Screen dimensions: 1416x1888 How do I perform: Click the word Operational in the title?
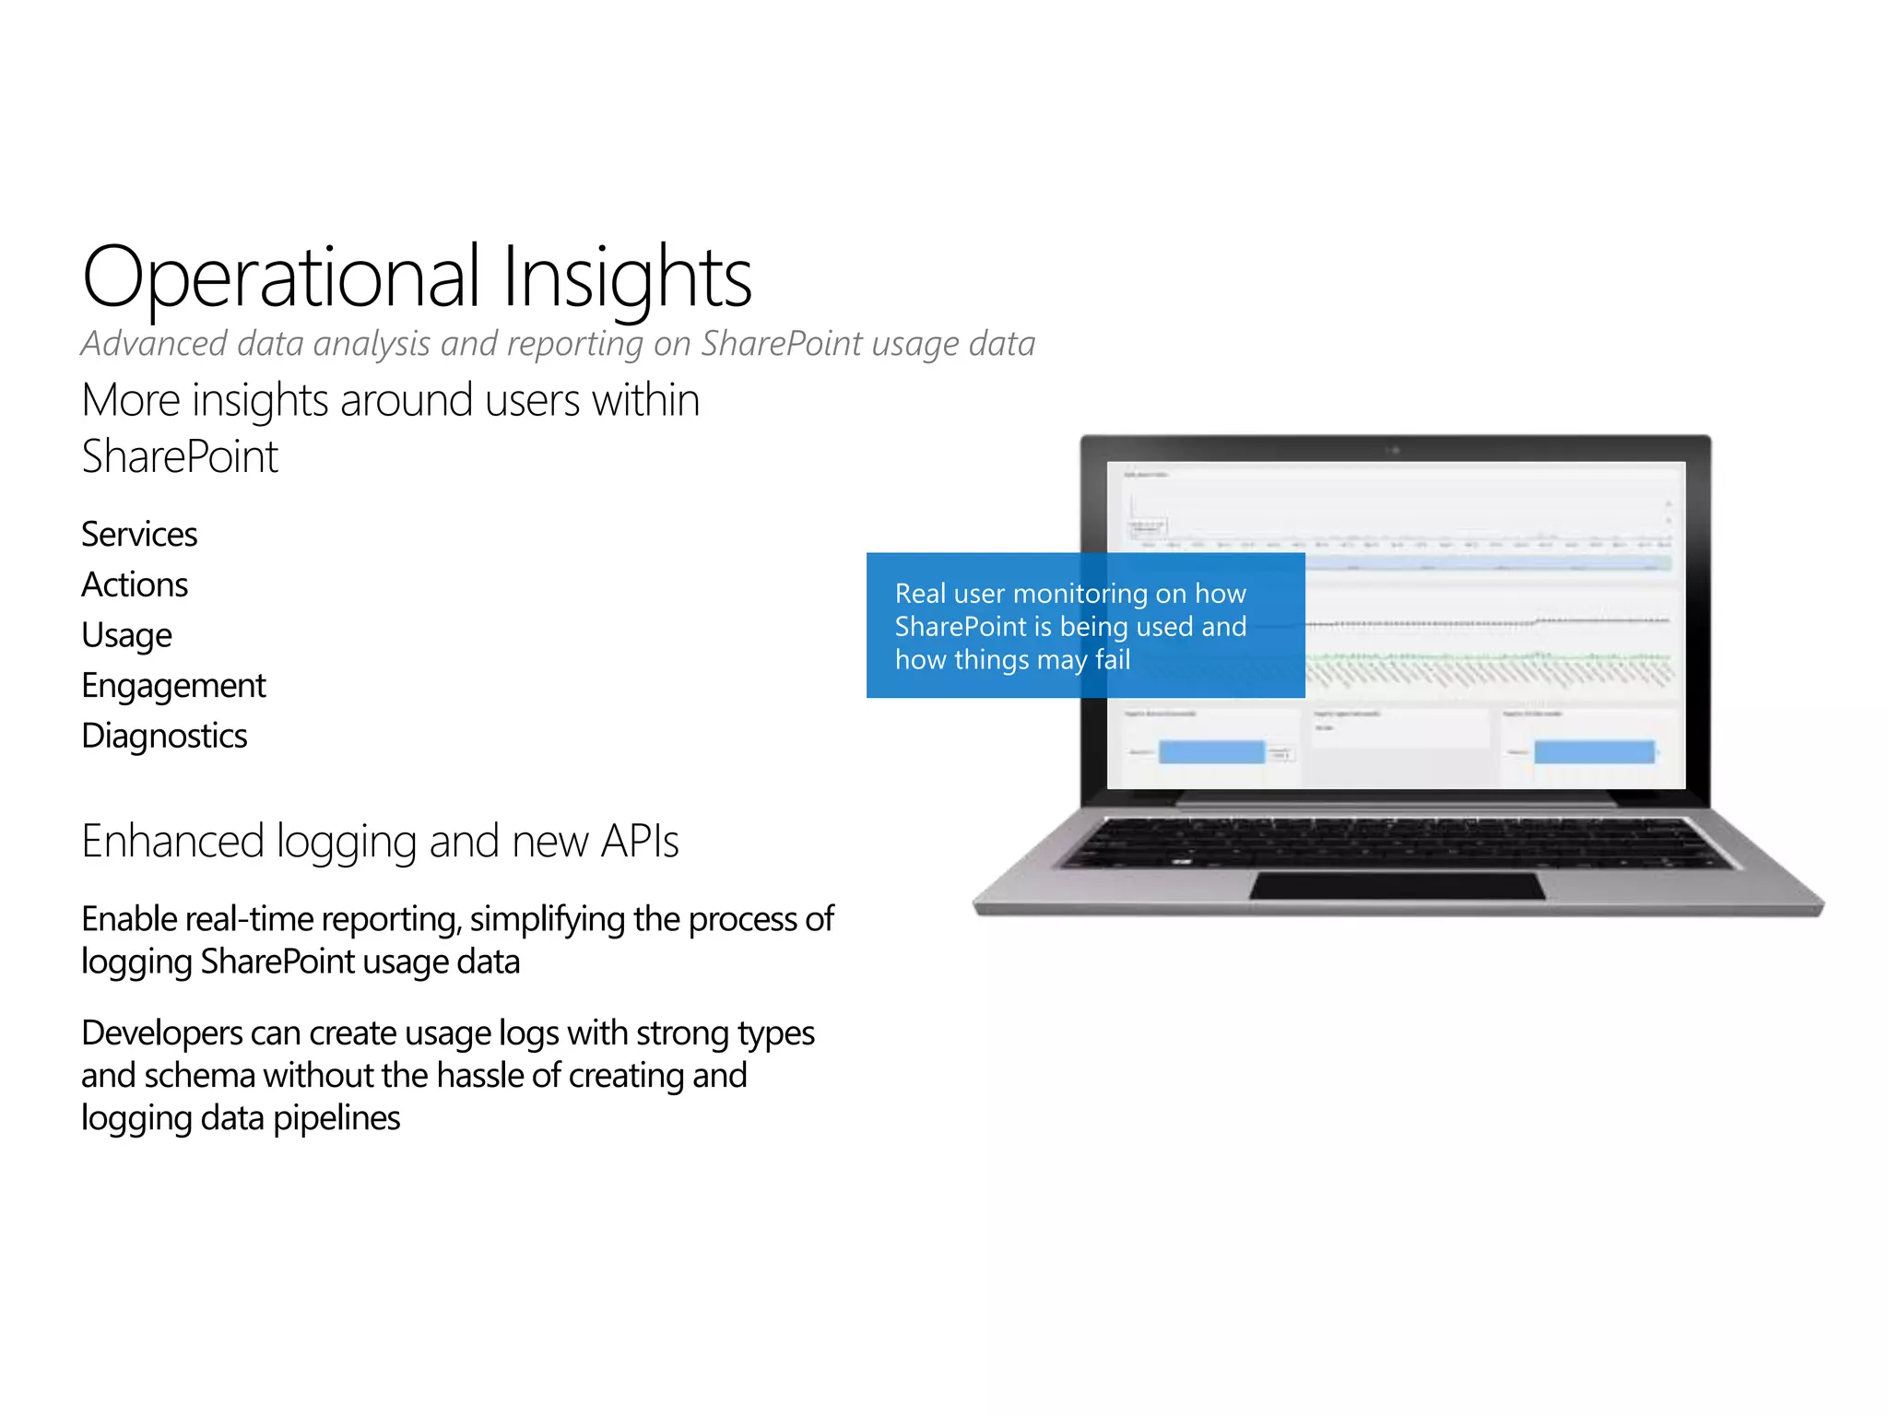point(280,277)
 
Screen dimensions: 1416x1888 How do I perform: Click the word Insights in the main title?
point(627,277)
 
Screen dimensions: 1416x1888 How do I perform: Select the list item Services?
point(139,535)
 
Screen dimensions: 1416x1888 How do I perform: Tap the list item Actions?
point(135,585)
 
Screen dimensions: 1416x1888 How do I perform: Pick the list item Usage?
point(126,636)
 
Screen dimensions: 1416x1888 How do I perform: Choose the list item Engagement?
point(173,686)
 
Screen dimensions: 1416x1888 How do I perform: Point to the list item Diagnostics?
point(164,737)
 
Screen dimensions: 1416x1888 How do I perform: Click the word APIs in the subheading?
point(639,842)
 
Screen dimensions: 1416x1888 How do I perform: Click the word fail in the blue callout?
point(1113,660)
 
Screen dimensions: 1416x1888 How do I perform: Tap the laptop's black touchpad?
point(1397,886)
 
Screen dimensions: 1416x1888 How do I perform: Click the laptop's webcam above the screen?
point(1395,450)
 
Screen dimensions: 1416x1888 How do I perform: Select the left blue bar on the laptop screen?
point(1211,752)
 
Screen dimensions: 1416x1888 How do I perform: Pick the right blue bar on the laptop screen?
point(1594,752)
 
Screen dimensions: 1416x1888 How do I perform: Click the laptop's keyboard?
point(1397,842)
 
